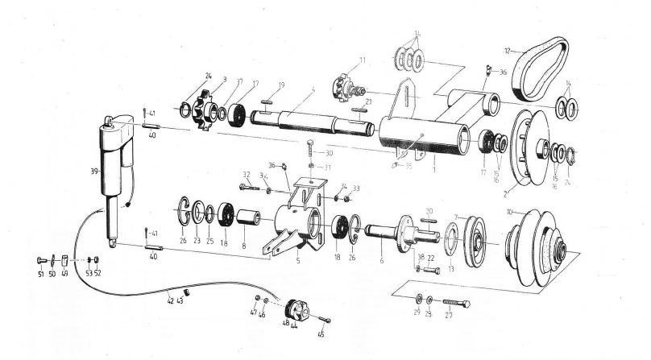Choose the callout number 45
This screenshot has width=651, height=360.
[321, 333]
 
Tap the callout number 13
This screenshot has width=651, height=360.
[450, 269]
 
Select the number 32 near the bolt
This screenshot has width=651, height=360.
[247, 174]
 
